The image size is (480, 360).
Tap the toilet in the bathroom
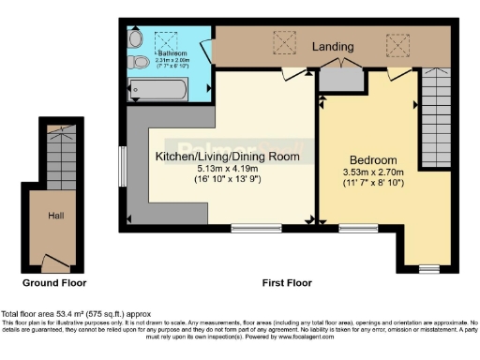point(141,63)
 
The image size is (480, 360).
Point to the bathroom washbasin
point(137,38)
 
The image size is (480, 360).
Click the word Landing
point(333,46)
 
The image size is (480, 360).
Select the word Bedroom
point(373,159)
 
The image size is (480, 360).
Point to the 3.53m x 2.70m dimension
point(372,172)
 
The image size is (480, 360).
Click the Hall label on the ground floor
point(55,216)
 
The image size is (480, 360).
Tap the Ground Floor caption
point(54,281)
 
